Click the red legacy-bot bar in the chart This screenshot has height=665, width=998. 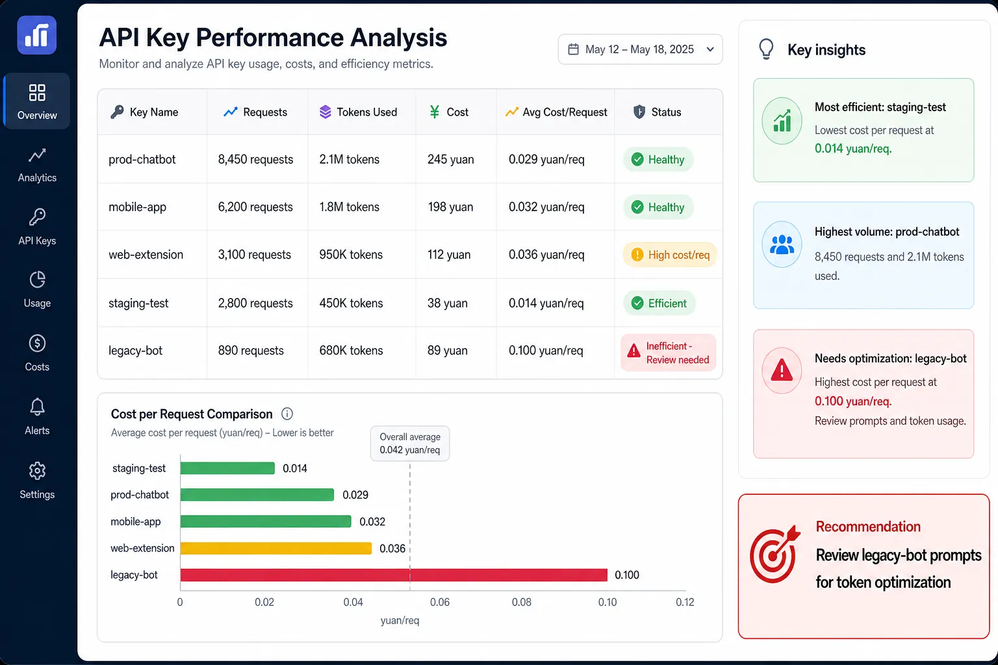pyautogui.click(x=394, y=575)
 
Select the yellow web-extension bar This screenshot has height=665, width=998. pyautogui.click(x=275, y=548)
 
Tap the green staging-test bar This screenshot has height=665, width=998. pyautogui.click(x=227, y=468)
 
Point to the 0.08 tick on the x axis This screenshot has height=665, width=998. pyautogui.click(x=521, y=602)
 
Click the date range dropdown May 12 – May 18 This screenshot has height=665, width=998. pyautogui.click(x=640, y=49)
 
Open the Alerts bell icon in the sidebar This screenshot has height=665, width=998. pyautogui.click(x=37, y=407)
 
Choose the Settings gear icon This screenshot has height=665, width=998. pyautogui.click(x=37, y=471)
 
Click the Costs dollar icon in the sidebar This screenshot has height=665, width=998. pyautogui.click(x=37, y=344)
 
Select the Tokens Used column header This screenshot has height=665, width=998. pyautogui.click(x=358, y=112)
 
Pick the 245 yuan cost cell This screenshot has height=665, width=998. pyautogui.click(x=450, y=160)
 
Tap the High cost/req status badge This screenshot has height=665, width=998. pyautogui.click(x=670, y=255)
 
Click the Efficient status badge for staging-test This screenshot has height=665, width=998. pyautogui.click(x=659, y=303)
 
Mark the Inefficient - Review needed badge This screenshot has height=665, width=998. pyautogui.click(x=669, y=353)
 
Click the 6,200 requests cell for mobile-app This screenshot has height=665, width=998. pyautogui.click(x=255, y=207)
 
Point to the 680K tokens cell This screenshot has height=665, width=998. pyautogui.click(x=351, y=351)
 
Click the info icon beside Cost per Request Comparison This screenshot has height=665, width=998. pyautogui.click(x=287, y=414)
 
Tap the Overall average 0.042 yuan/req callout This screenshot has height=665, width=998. pyautogui.click(x=410, y=443)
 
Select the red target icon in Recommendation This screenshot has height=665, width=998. pyautogui.click(x=774, y=555)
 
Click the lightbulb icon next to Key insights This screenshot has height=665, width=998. pyautogui.click(x=766, y=49)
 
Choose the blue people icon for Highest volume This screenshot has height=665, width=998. pyautogui.click(x=782, y=245)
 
